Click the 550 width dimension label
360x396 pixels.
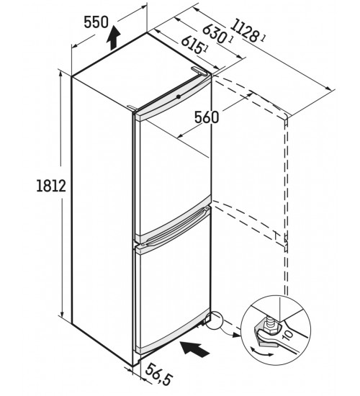point(96,22)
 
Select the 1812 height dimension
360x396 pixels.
point(51,186)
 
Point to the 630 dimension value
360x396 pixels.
point(214,33)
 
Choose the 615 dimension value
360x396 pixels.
point(192,44)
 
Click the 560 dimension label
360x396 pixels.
point(207,117)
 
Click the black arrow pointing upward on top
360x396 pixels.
point(113,38)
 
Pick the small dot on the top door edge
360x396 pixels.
point(179,96)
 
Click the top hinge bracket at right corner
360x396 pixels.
point(199,71)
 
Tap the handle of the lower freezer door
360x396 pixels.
point(175,228)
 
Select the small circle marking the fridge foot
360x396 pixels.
point(214,320)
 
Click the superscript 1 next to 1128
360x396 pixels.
point(263,38)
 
